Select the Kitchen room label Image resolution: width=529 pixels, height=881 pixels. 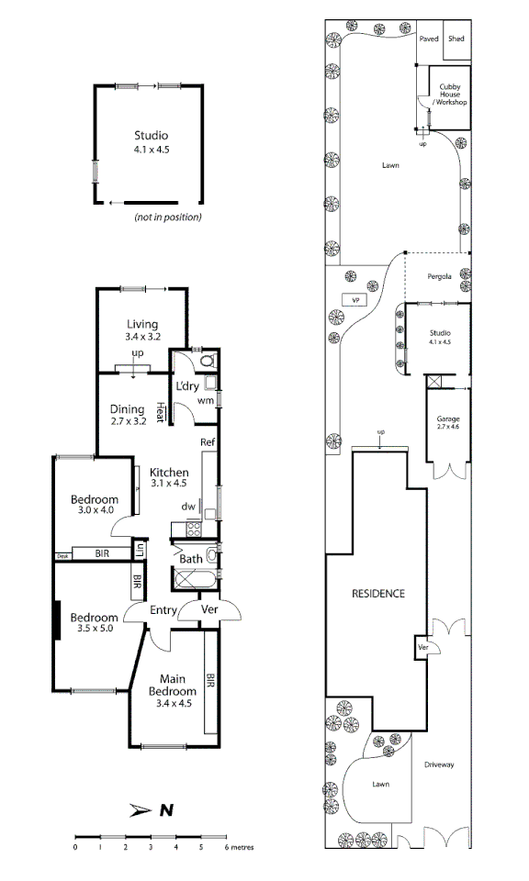point(169,477)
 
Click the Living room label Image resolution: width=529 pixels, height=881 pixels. point(142,329)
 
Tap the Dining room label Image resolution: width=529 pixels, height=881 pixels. point(128,415)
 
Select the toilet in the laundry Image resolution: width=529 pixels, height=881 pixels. point(207,361)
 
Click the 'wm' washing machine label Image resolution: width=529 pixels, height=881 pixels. point(206,400)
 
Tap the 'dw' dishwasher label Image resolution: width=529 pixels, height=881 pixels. point(186,506)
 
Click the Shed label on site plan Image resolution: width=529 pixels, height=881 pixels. point(456,39)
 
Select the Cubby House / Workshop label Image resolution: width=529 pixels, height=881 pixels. point(450,95)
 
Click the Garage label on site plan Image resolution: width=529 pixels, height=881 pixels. point(448,423)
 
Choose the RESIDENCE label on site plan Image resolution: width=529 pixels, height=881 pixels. point(378,594)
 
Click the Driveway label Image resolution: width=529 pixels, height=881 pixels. point(439,764)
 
